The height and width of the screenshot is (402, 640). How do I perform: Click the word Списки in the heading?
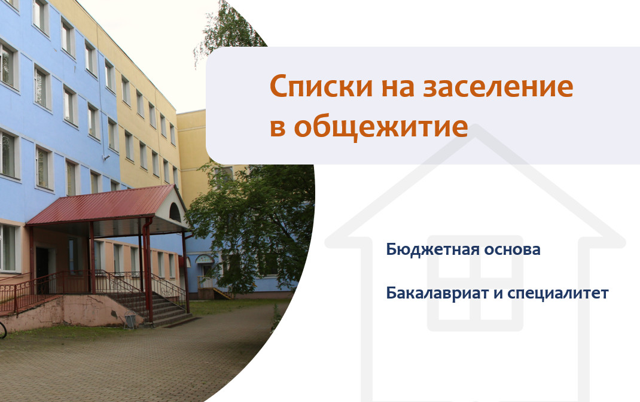coord(321,87)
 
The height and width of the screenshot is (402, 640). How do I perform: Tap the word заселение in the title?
coord(498,87)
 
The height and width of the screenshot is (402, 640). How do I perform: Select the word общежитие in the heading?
coord(381,127)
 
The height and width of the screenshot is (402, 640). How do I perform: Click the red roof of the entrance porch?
coord(102,204)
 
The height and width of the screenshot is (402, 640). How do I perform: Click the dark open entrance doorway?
coord(42,269)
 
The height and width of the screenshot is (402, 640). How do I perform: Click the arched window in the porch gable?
coord(175,213)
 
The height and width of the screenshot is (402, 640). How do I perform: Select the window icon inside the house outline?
coord(475,283)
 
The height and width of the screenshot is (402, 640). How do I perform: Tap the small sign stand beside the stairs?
coord(130,319)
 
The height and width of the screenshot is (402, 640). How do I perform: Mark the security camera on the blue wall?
coord(106,157)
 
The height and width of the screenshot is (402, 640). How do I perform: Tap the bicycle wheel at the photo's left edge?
coord(2,330)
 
